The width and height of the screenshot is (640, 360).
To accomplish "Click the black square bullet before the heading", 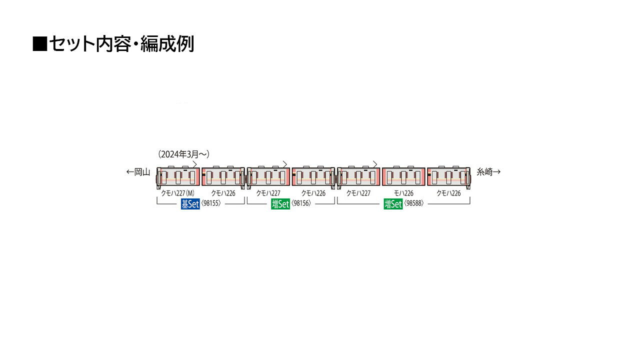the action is [x=40, y=44].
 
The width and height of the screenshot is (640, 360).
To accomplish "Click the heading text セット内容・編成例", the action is [x=121, y=44].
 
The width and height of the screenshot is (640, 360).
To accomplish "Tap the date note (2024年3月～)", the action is [x=183, y=154].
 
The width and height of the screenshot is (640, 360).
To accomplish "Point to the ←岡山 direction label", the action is [x=138, y=172].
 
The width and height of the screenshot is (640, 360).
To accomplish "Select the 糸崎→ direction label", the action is [x=488, y=172].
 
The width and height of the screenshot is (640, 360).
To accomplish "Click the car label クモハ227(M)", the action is [x=177, y=193].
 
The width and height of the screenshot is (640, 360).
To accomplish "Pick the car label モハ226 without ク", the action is [x=403, y=193].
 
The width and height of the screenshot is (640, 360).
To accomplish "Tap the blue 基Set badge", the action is [x=190, y=204].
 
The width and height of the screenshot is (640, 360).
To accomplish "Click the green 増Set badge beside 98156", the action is [x=280, y=204].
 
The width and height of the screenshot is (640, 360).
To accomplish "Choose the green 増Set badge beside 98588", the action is [x=393, y=204].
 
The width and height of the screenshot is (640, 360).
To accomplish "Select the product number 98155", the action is [x=211, y=203].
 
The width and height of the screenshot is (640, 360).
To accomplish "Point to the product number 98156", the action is [x=301, y=203].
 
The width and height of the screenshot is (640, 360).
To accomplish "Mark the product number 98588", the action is [x=413, y=203].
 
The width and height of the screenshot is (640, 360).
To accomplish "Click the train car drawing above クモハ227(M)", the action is [x=178, y=176].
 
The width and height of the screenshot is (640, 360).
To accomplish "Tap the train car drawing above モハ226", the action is [x=403, y=176].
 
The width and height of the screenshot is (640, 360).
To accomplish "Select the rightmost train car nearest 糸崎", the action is [x=449, y=176].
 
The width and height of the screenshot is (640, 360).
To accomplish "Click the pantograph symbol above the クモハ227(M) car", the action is [x=195, y=164].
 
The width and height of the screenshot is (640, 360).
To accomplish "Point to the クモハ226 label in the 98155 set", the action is [x=223, y=193].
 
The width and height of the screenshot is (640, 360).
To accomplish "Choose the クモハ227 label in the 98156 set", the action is [x=268, y=193].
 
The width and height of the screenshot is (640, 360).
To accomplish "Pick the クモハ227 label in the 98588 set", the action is [x=358, y=193].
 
